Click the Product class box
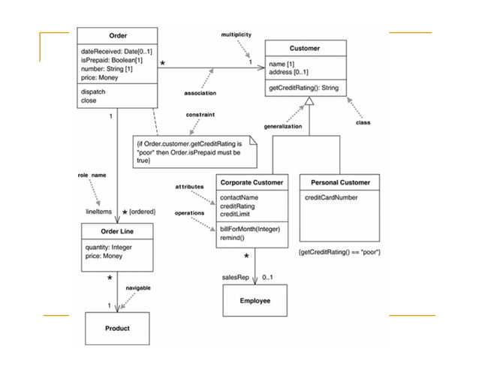pos(116,328)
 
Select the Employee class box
pos(254,301)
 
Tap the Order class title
pos(117,36)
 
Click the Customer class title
pos(304,48)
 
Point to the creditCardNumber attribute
pos(331,198)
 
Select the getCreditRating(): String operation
pos(304,89)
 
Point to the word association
pos(200,93)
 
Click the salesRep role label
pos(235,277)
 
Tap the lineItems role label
pos(99,212)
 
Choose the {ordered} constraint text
pos(142,212)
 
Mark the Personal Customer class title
pos(339,182)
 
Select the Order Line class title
pos(116,232)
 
